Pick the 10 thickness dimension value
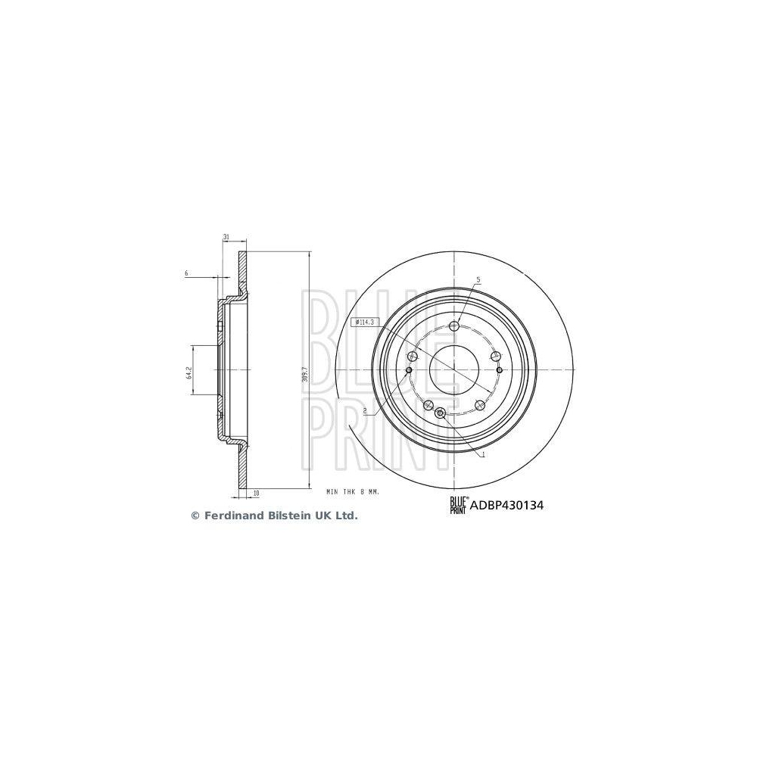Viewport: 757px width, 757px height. click(x=257, y=493)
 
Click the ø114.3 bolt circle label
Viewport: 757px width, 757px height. click(x=364, y=322)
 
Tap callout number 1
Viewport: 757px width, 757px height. click(x=483, y=454)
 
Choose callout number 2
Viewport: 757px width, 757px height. click(x=366, y=410)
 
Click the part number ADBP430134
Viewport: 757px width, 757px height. click(x=506, y=502)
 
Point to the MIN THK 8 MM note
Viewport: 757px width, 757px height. click(x=352, y=492)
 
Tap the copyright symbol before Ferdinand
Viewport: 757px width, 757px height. click(x=195, y=516)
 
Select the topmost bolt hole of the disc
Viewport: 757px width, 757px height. click(x=454, y=326)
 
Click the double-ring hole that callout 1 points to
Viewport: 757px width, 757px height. click(x=441, y=413)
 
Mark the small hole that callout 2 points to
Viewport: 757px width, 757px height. click(x=409, y=370)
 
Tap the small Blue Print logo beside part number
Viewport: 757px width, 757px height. click(x=459, y=503)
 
